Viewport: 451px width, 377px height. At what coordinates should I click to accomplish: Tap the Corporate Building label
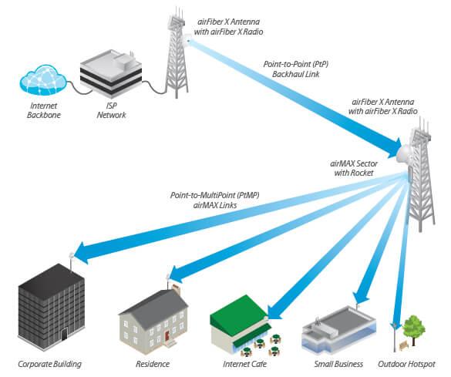[x=49, y=363]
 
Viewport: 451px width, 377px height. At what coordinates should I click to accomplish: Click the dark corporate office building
[x=52, y=305]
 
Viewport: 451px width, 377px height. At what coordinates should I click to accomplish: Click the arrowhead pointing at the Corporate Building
[x=79, y=251]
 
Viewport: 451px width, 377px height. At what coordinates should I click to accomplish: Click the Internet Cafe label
[x=244, y=363]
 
